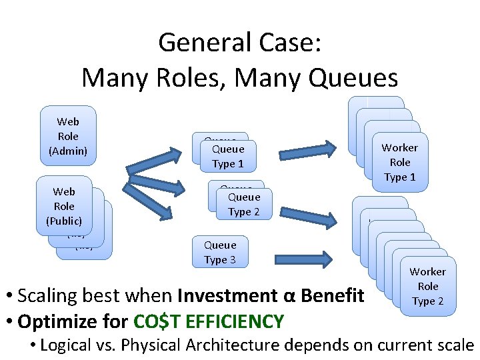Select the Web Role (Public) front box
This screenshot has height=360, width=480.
click(64, 206)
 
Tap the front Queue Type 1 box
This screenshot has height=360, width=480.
click(228, 156)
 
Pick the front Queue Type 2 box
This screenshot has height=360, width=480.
click(244, 204)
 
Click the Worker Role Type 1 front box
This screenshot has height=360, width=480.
click(400, 162)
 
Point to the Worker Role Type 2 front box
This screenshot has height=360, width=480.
click(428, 286)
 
